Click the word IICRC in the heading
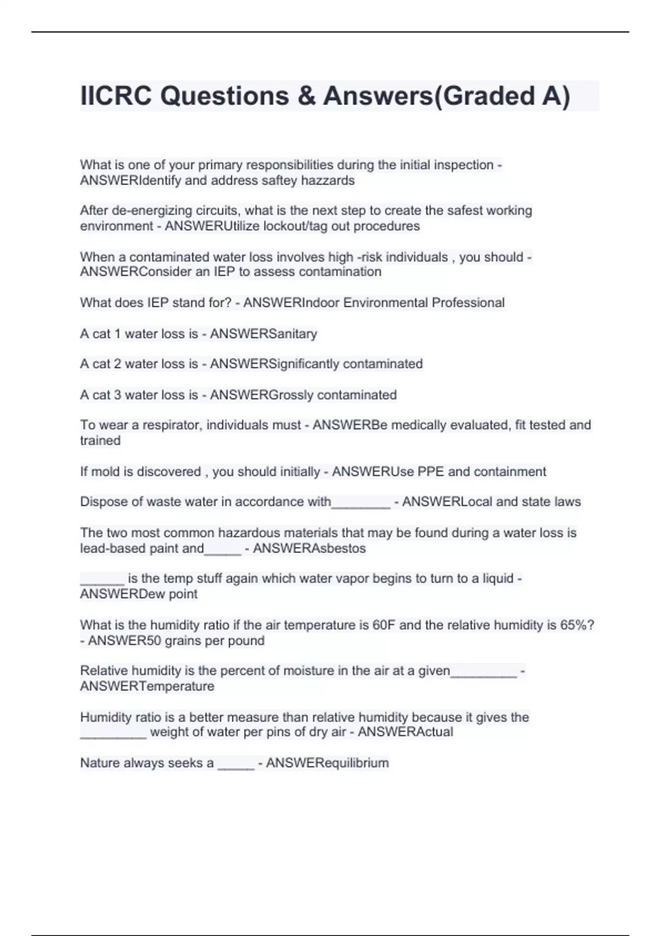[116, 96]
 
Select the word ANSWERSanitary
[263, 334]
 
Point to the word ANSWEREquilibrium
[327, 763]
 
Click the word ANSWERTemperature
[147, 687]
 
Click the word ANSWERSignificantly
[274, 364]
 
